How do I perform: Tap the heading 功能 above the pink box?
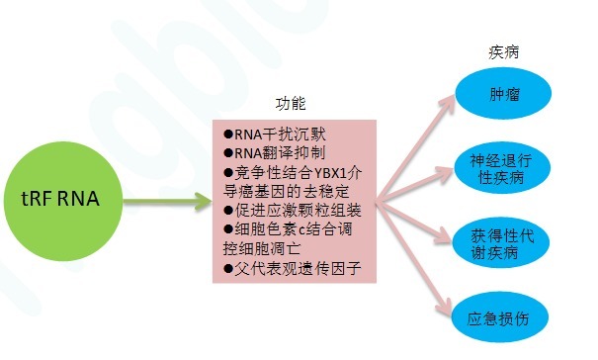pyautogui.click(x=292, y=104)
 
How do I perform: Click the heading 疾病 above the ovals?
pyautogui.click(x=505, y=50)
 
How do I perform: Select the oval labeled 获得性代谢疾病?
pyautogui.click(x=503, y=242)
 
